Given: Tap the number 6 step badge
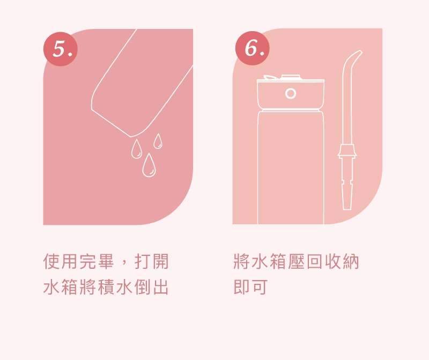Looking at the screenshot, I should click(253, 48).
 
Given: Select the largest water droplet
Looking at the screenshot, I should click(149, 166).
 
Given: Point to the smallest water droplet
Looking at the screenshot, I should click(158, 141).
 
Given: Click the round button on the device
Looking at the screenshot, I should click(291, 93).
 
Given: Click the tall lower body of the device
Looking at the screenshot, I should click(290, 166).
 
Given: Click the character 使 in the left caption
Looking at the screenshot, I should click(52, 262).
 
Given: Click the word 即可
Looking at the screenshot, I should click(250, 287).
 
